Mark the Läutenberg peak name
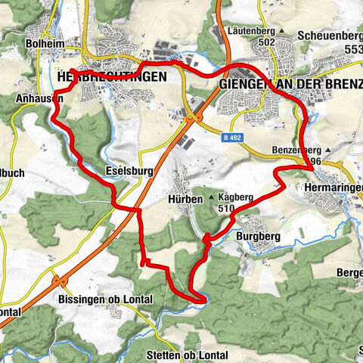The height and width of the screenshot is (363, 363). click(250, 30)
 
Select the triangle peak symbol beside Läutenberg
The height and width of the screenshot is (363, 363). click(281, 30)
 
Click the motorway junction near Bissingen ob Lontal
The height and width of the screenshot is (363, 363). click(56, 280)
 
